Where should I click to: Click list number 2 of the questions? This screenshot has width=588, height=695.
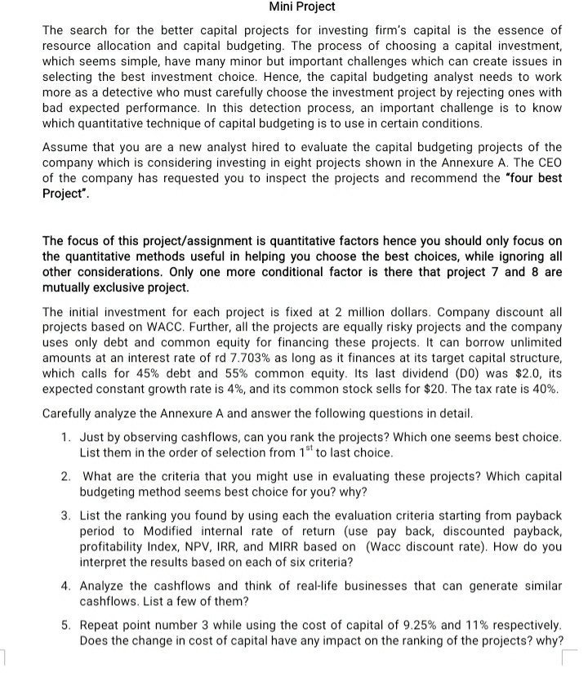point(66,476)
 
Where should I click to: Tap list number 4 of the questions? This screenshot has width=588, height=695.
point(66,586)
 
